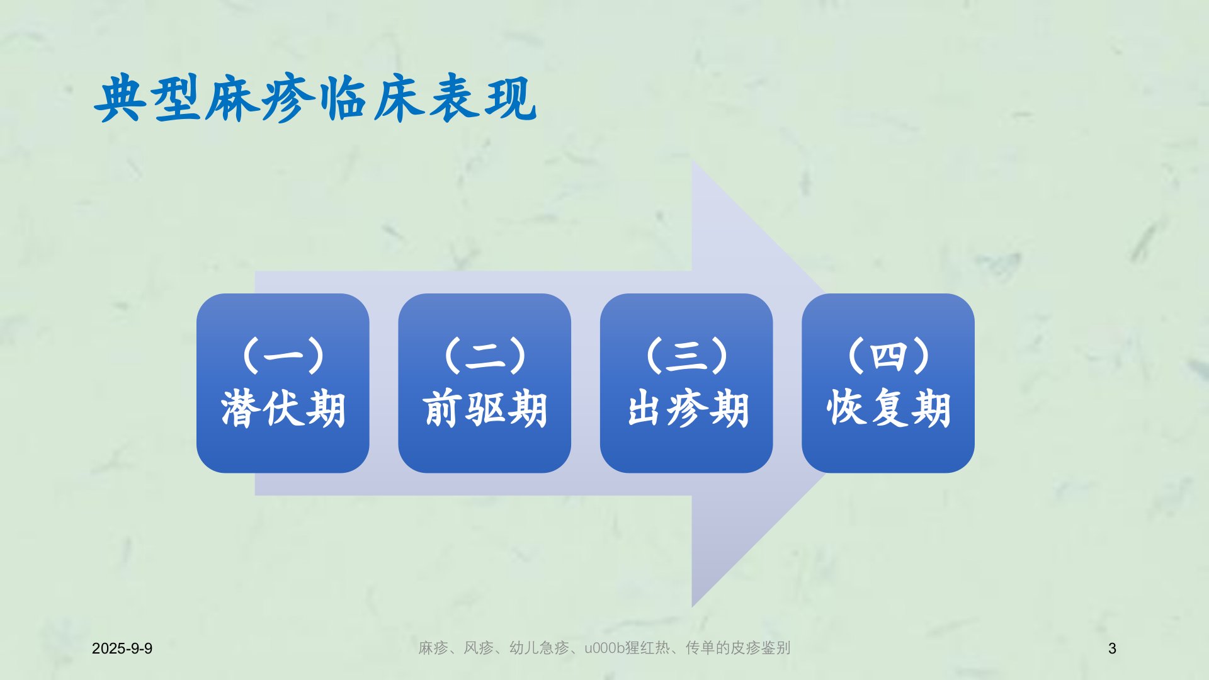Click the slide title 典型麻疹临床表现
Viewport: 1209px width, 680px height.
coord(315,98)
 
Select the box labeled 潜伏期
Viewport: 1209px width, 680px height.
coord(283,383)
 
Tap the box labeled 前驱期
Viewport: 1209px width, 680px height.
coord(485,383)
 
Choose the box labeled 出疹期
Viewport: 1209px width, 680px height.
coord(686,383)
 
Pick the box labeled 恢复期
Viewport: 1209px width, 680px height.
coord(888,383)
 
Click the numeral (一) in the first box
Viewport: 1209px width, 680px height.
coord(283,356)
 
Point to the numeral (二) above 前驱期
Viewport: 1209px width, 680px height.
coord(485,356)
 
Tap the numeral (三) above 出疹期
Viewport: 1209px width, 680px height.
coord(687,356)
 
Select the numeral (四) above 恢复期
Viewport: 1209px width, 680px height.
coord(888,356)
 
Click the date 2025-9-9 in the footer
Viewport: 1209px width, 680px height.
coord(122,649)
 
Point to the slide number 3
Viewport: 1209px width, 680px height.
coord(1112,649)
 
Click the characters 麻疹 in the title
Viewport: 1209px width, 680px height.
coord(259,98)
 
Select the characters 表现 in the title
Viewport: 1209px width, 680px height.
coord(482,98)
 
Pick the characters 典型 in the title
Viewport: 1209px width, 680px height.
coord(149,98)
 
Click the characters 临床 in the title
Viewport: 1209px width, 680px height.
coord(372,98)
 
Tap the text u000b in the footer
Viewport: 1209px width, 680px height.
coord(604,648)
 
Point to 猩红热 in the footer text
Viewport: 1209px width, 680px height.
coord(647,648)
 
